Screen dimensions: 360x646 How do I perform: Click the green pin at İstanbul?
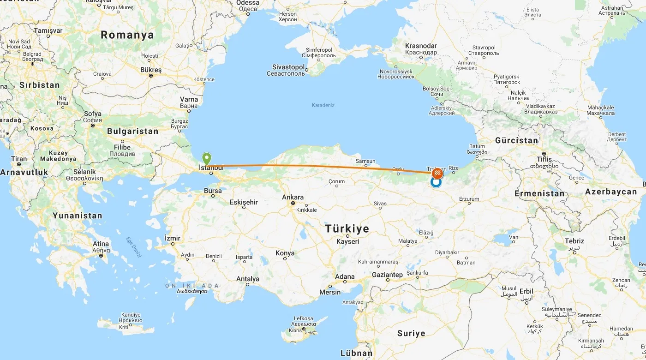(207, 158)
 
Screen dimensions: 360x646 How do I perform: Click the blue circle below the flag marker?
(436, 183)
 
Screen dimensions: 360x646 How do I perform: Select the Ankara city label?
(293, 198)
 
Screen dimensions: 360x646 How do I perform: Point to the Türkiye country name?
(347, 229)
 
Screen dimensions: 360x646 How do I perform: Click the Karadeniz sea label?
(323, 105)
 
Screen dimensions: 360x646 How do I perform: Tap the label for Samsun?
(365, 161)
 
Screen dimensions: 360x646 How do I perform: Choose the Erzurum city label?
(469, 199)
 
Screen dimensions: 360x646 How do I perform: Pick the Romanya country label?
(127, 35)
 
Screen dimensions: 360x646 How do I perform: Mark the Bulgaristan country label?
(132, 132)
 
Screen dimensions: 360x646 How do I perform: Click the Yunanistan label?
(77, 216)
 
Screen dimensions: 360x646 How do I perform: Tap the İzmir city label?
(173, 238)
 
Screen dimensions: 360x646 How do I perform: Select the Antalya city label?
(248, 279)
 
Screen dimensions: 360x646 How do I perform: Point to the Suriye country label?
(411, 333)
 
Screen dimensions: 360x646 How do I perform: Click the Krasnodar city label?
(421, 46)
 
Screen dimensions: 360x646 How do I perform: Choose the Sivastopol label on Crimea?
(288, 67)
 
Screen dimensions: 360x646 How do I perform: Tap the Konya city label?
(285, 253)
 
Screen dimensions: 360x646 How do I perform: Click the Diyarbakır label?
(447, 252)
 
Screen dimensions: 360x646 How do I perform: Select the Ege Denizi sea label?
(134, 247)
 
